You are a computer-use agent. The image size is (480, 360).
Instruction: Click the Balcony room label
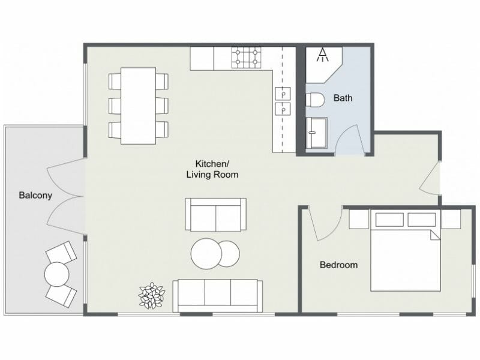(35, 195)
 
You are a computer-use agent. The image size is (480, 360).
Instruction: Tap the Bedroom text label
(338, 265)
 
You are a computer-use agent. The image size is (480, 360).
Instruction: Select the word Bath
(343, 98)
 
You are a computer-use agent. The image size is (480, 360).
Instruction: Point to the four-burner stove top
(248, 57)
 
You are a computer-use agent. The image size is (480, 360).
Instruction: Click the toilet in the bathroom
(316, 100)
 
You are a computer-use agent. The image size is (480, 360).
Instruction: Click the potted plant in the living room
(151, 295)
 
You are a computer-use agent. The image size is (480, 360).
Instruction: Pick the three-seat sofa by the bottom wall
(217, 295)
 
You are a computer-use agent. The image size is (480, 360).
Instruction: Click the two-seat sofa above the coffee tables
(215, 214)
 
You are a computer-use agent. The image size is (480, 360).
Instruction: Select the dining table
(138, 106)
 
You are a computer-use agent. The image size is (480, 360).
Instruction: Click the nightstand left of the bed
(358, 219)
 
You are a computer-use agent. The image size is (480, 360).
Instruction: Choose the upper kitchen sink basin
(282, 94)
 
